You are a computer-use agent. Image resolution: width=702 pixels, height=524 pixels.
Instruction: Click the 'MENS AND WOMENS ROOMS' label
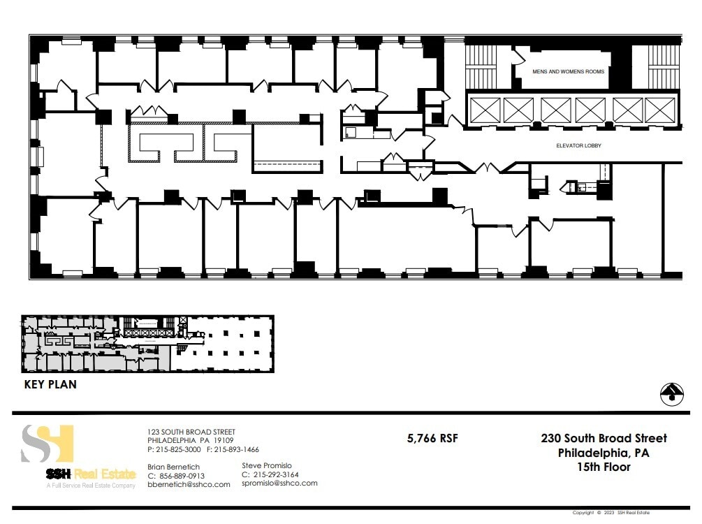[x=568, y=72]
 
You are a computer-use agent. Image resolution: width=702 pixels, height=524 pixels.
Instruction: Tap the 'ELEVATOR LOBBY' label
[x=578, y=146]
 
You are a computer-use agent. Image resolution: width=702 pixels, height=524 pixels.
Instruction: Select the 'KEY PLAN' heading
[x=50, y=384]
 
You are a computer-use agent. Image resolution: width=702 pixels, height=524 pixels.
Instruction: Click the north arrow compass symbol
[x=671, y=394]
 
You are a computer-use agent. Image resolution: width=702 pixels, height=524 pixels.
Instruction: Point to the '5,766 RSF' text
[x=432, y=439]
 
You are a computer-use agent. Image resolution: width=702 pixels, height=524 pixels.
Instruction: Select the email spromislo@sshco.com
[x=279, y=483]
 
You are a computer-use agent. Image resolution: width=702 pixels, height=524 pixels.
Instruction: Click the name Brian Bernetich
[x=173, y=467]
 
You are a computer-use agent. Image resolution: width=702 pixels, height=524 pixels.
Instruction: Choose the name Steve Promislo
[x=267, y=465]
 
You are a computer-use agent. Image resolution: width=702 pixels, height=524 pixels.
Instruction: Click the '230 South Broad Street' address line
[x=604, y=439]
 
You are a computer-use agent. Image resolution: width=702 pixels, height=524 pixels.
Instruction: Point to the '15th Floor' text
[x=604, y=467]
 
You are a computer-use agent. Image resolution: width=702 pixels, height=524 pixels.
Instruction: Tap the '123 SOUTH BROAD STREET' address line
[x=191, y=432]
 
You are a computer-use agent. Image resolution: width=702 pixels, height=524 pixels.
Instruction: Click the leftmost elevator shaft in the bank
[x=484, y=110]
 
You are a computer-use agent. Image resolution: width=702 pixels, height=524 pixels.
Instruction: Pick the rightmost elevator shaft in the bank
[x=659, y=110]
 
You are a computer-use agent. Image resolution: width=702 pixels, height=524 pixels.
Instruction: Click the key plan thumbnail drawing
[x=147, y=344]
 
